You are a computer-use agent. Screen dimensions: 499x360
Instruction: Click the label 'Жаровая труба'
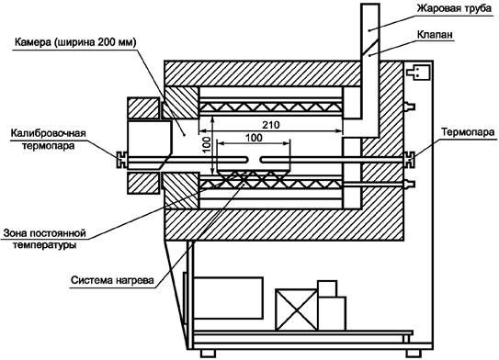pyautogui.click(x=454, y=8)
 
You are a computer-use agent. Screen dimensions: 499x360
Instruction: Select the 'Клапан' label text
pyautogui.click(x=435, y=34)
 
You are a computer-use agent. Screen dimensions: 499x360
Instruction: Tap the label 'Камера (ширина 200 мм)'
pyautogui.click(x=75, y=42)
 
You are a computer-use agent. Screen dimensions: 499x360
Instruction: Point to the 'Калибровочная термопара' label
pyautogui.click(x=49, y=139)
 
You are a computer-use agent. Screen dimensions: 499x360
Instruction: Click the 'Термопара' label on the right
pyautogui.click(x=468, y=131)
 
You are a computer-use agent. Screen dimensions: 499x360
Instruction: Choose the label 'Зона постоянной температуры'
pyautogui.click(x=44, y=239)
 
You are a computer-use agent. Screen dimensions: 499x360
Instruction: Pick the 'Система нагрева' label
pyautogui.click(x=112, y=280)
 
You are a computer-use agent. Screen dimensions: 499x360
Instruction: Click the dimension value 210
pyautogui.click(x=271, y=125)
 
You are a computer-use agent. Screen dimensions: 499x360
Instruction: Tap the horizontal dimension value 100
pyautogui.click(x=254, y=138)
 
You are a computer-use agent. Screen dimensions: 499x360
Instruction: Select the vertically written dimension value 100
pyautogui.click(x=206, y=145)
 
